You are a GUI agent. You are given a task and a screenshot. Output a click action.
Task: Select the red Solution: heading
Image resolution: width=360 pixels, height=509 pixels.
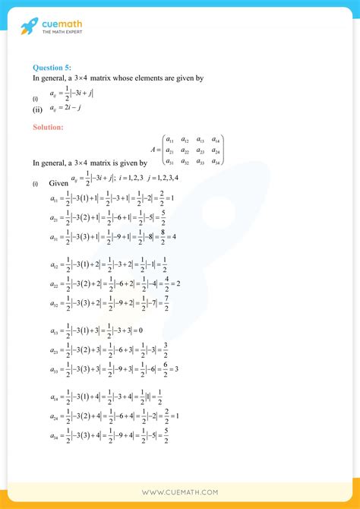click(x=49, y=126)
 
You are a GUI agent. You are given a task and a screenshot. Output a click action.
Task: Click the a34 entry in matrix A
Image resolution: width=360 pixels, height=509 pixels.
click(x=216, y=161)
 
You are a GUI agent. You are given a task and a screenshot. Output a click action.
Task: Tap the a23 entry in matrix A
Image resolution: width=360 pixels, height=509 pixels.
click(x=201, y=151)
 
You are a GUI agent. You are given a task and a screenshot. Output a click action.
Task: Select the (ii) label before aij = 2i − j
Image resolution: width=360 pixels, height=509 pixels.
click(x=36, y=108)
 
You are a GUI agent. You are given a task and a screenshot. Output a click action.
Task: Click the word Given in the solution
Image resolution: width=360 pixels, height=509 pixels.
click(x=58, y=183)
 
